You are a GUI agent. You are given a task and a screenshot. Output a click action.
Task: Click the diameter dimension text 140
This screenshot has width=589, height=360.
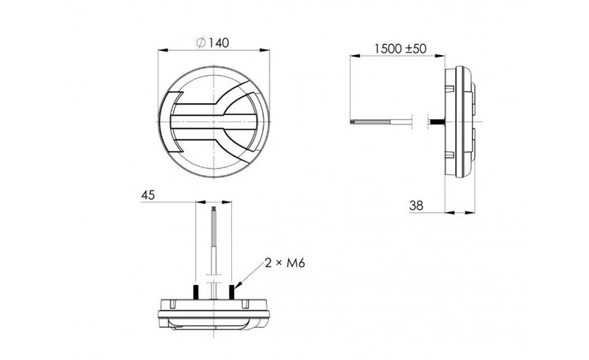[x=219, y=43]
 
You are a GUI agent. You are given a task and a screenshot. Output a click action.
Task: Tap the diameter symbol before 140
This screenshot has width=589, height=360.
[x=201, y=43]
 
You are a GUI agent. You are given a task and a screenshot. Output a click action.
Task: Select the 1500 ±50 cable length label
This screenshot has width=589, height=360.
[x=401, y=49]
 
